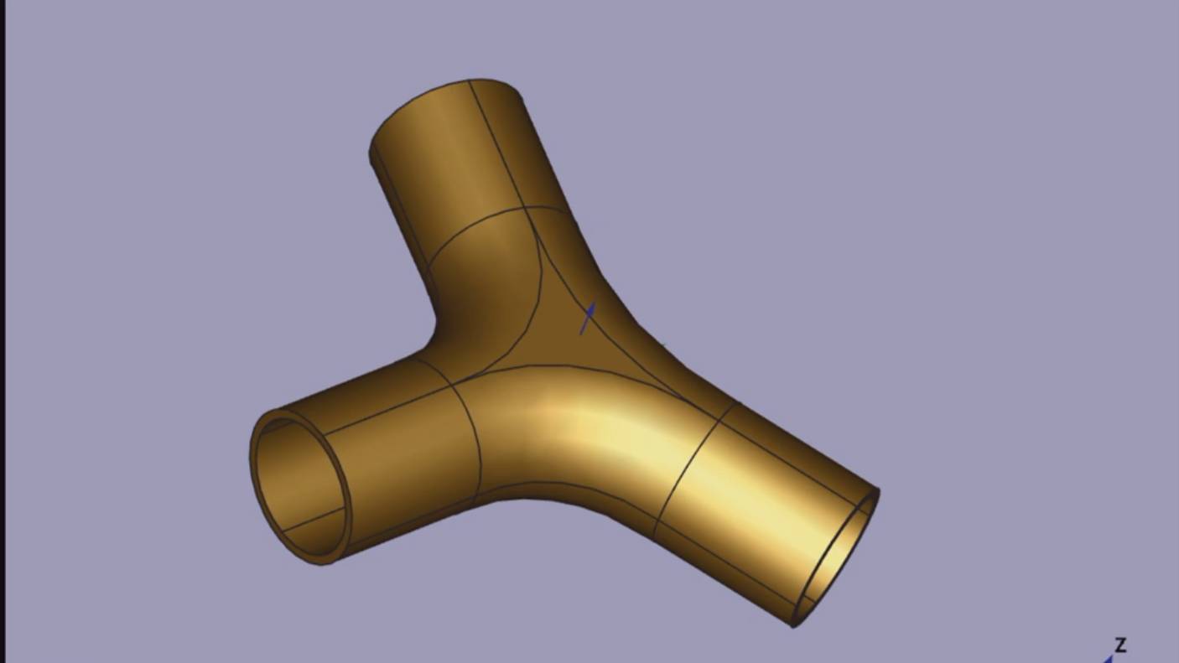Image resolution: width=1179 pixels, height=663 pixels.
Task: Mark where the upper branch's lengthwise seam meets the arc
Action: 525,207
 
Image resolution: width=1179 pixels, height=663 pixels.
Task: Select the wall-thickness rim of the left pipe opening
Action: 256,469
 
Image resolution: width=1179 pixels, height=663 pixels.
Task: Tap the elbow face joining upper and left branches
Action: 486,293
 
